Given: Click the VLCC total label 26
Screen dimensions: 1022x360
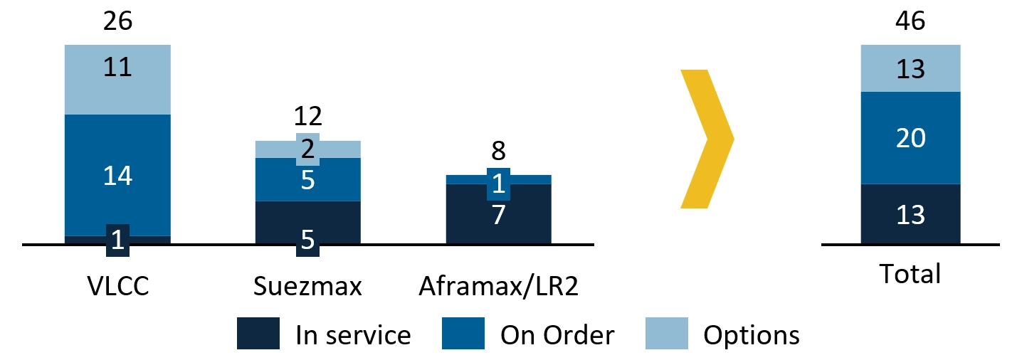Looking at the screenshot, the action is (117, 21).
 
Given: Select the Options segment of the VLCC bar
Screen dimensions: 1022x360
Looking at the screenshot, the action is (117, 80).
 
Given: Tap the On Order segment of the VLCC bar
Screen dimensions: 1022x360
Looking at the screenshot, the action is (117, 175).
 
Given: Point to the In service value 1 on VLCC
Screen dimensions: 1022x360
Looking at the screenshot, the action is (117, 240).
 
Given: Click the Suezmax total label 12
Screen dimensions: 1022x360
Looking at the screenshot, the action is (308, 116).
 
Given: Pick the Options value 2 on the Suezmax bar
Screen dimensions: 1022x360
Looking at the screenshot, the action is (308, 149).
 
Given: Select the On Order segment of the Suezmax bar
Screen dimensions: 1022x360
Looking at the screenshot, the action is (308, 179).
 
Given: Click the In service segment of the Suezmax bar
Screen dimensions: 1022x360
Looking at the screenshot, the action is (308, 223).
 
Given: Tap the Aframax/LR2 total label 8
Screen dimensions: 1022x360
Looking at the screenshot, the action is (498, 151).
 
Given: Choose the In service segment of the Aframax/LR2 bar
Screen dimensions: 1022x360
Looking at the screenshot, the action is (498, 214).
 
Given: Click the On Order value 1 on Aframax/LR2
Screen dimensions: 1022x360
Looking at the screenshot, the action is (498, 184).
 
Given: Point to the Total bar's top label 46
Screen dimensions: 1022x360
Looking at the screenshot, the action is (910, 21).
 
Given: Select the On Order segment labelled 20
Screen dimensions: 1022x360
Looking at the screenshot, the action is (911, 138).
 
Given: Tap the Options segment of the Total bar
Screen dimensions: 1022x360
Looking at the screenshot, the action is (911, 68).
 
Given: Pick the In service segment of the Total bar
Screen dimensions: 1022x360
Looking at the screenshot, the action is (911, 214).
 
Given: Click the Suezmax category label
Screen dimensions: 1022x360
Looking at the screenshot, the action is (307, 286).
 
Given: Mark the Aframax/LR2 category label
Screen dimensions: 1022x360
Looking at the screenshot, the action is (498, 287).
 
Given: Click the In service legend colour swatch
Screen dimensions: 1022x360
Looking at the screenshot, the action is (258, 334).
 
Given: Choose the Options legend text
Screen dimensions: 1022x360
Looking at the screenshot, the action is (752, 336).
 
